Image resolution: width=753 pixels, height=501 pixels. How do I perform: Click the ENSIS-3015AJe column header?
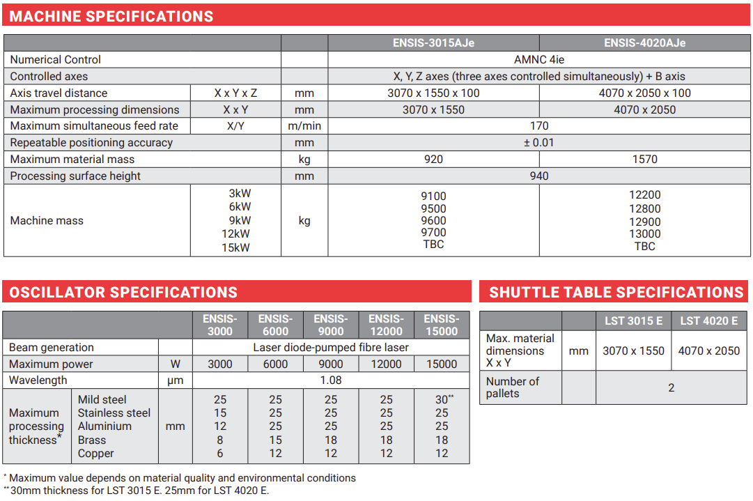[433, 43]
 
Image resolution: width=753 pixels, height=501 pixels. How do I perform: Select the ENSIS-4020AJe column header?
[644, 43]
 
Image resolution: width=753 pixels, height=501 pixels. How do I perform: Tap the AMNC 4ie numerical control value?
[539, 60]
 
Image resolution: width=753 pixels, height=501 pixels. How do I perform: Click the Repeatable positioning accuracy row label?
[91, 143]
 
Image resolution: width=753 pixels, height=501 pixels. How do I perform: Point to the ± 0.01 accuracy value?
[539, 143]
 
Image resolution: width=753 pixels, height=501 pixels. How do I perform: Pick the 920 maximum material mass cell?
[433, 160]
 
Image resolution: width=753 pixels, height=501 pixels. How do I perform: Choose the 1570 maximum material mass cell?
[644, 160]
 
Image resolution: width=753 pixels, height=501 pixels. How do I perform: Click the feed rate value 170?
[539, 126]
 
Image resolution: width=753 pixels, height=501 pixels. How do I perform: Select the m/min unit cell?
[304, 126]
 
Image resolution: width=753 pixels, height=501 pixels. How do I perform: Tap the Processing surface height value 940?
[539, 176]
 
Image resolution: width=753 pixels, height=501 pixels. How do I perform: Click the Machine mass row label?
[47, 221]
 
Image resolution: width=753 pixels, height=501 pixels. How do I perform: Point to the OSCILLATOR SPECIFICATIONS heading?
[123, 292]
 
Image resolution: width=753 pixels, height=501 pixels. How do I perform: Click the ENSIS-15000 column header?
[442, 325]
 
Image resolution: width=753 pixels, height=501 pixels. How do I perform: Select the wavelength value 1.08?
[331, 380]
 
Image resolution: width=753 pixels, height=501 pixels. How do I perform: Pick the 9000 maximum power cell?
[331, 364]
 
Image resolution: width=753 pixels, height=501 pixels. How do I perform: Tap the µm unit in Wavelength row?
[175, 380]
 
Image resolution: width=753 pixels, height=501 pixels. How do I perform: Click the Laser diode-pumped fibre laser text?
[331, 347]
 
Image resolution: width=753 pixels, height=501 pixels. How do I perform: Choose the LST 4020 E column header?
[708, 321]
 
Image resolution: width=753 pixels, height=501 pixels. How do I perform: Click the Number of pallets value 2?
[672, 387]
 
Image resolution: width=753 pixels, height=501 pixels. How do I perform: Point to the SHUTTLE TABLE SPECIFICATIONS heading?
[616, 292]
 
